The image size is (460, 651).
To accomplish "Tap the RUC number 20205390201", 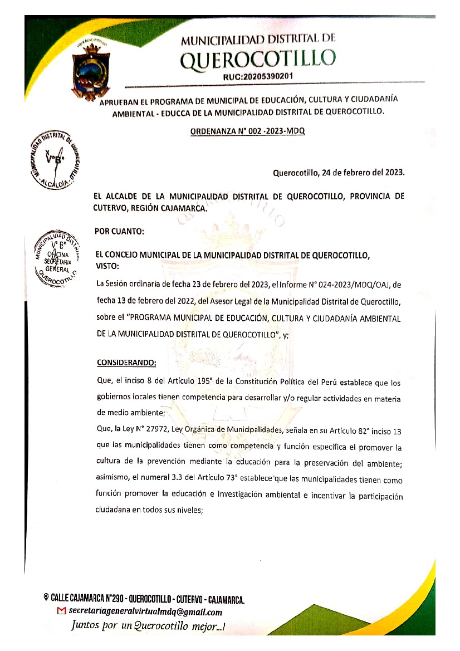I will click(258, 76).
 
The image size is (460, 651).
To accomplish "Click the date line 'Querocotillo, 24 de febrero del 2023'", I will click(338, 173).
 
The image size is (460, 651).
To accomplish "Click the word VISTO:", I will click(108, 266).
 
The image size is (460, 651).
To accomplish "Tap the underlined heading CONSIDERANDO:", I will click(127, 363).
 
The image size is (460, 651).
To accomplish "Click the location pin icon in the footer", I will click(46, 598).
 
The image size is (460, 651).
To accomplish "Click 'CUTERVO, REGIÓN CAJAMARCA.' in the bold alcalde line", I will click(150, 209).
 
